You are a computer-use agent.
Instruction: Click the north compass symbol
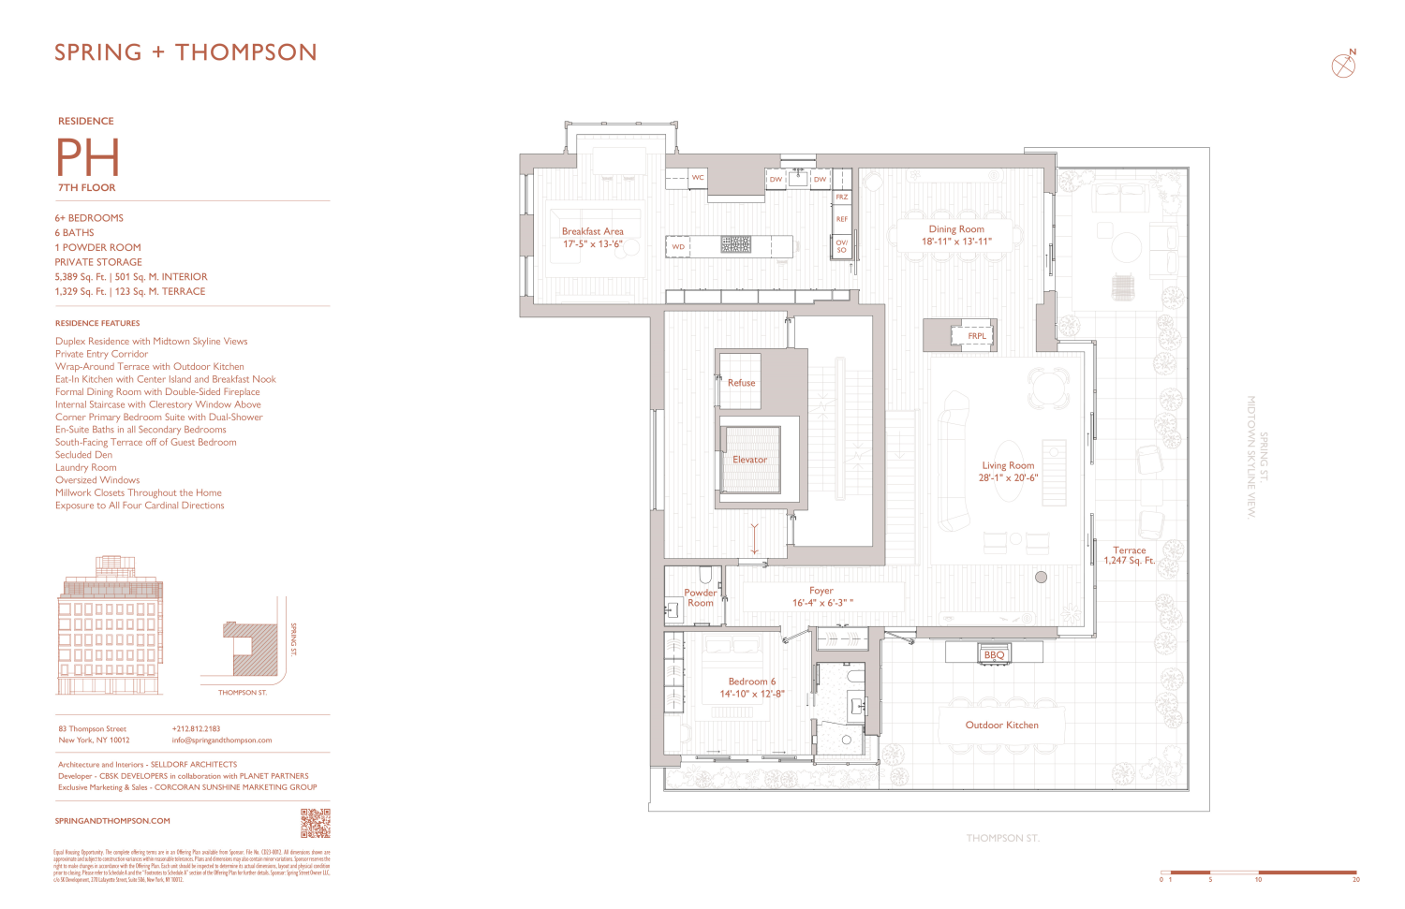[x=1343, y=66]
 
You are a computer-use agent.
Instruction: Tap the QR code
[x=315, y=823]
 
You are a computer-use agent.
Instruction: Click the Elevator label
[x=749, y=460]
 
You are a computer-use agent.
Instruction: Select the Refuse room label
[x=741, y=383]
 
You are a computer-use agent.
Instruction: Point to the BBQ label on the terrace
[x=994, y=655]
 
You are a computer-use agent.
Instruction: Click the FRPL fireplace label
[x=976, y=336]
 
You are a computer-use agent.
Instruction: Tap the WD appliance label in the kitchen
[x=678, y=247]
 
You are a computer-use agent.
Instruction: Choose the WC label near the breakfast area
[x=698, y=178]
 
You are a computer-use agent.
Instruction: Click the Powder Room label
[x=700, y=598]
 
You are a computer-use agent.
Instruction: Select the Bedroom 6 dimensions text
[x=751, y=695]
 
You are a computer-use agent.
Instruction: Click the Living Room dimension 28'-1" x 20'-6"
[x=1008, y=477]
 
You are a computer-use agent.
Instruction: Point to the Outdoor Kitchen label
[x=1001, y=726]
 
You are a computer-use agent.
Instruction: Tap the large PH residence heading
[x=88, y=158]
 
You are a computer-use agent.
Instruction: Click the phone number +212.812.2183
[x=196, y=728]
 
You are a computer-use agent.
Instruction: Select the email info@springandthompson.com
[x=222, y=740]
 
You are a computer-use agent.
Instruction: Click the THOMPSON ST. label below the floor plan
[x=1002, y=839]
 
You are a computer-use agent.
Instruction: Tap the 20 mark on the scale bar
[x=1355, y=879]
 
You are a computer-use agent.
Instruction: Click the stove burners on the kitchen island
[x=735, y=244]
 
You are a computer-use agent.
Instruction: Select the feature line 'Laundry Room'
[x=86, y=467]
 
